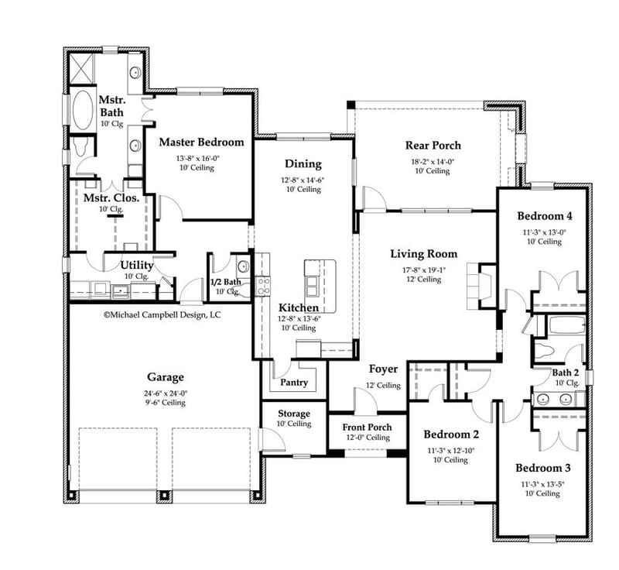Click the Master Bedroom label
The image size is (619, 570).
pyautogui.click(x=201, y=142)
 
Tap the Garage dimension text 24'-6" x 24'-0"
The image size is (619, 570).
pyautogui.click(x=166, y=393)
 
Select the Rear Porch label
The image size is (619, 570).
pyautogui.click(x=433, y=146)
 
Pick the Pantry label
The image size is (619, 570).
pyautogui.click(x=294, y=382)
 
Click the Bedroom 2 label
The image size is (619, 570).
pyautogui.click(x=451, y=434)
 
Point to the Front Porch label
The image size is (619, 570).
pyautogui.click(x=368, y=428)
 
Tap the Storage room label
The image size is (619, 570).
pyautogui.click(x=294, y=414)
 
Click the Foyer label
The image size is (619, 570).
pyautogui.click(x=383, y=369)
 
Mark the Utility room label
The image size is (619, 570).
pyautogui.click(x=136, y=266)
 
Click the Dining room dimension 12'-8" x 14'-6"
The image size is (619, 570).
pyautogui.click(x=303, y=180)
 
